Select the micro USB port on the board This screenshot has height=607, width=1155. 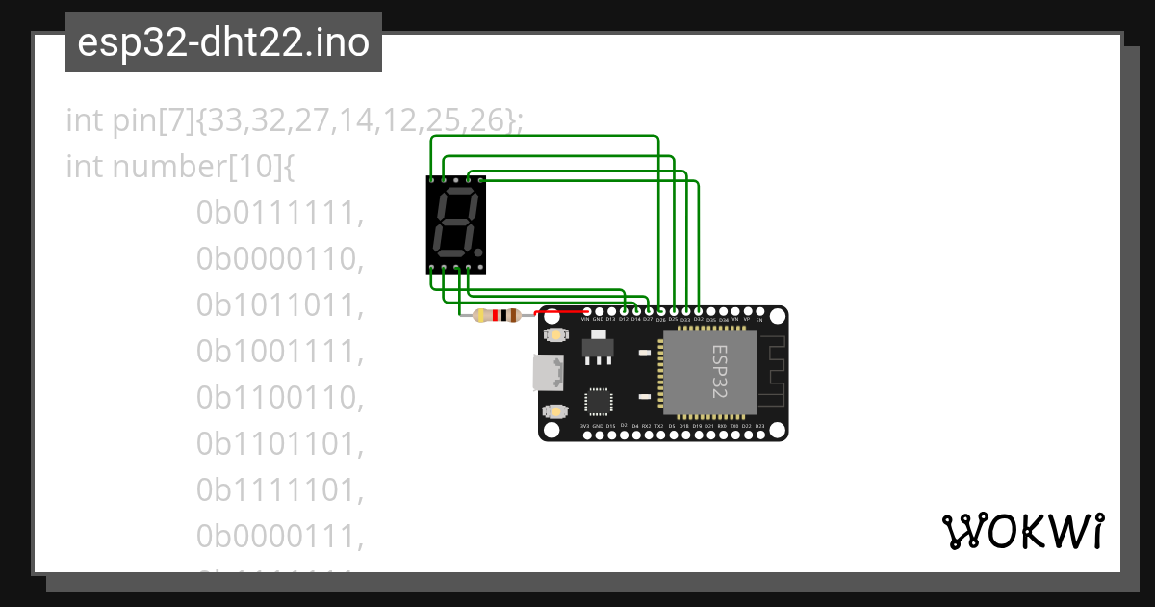(547, 372)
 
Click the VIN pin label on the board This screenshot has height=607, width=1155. (585, 319)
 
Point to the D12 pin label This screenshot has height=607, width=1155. (623, 319)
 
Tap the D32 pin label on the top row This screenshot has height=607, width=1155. (698, 319)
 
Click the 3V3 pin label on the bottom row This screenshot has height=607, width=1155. (585, 425)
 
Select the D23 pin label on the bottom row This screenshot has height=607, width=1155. (759, 425)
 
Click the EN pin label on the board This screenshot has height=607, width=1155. (759, 319)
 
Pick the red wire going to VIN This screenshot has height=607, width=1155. (561, 312)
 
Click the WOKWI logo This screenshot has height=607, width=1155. (1023, 531)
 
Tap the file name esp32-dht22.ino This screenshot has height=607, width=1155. (223, 42)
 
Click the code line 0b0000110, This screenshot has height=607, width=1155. (280, 259)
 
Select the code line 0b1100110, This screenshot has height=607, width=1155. (280, 397)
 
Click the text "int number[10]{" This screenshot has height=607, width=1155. (180, 168)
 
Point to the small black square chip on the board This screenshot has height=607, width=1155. (599, 400)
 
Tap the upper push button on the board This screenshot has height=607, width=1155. (554, 334)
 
